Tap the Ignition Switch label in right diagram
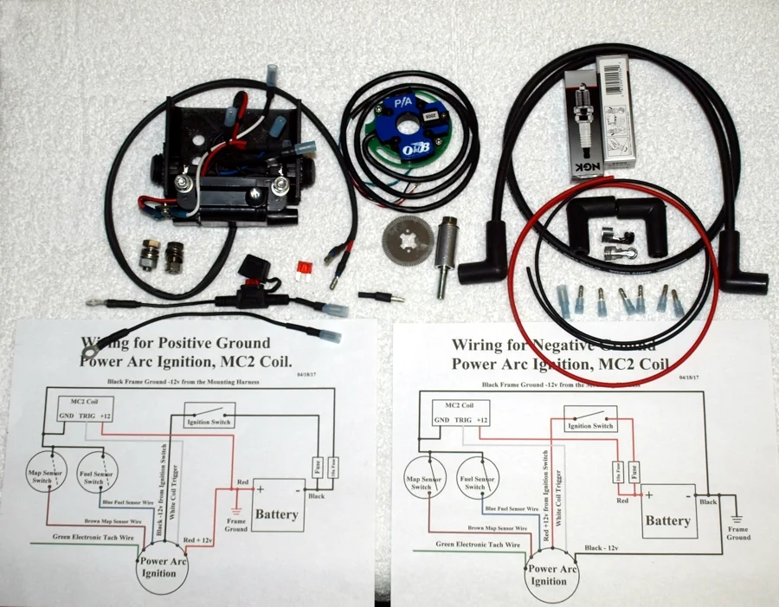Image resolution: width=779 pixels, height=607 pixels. click(591, 425)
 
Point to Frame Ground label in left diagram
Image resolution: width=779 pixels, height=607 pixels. click(236, 524)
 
